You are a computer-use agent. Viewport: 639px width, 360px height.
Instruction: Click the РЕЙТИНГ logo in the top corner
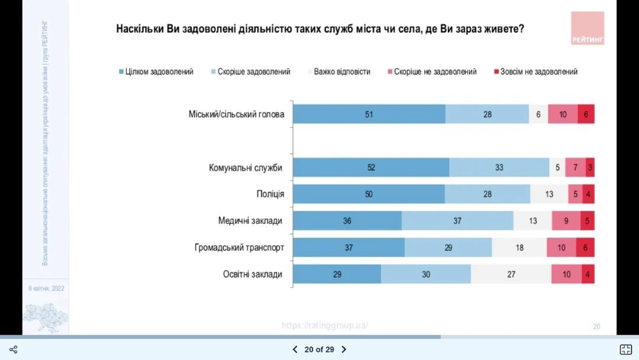(587, 28)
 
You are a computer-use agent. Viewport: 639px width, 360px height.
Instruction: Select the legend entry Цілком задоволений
(156, 72)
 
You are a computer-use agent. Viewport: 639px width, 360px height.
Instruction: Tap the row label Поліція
(270, 194)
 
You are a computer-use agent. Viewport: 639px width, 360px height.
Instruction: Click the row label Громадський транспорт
(239, 247)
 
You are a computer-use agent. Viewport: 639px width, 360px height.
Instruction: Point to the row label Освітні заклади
(253, 274)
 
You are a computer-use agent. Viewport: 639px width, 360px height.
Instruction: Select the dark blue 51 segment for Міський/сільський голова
(369, 114)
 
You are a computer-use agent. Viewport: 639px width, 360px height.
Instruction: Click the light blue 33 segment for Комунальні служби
(499, 168)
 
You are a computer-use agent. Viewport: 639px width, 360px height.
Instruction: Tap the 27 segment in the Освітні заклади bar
(511, 274)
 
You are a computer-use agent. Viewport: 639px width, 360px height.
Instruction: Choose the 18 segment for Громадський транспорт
(519, 247)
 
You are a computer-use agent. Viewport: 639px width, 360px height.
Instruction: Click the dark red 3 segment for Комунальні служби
(590, 168)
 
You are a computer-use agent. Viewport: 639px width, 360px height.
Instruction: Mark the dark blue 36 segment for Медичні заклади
(347, 221)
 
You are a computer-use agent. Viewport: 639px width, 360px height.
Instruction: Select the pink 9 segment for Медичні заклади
(566, 221)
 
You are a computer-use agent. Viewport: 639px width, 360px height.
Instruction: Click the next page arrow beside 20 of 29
(344, 349)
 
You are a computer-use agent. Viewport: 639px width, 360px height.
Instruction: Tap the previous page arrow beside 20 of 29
(295, 349)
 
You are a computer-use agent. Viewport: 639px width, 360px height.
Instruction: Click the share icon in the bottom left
(14, 349)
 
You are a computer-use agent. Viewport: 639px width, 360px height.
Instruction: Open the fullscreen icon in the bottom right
(625, 349)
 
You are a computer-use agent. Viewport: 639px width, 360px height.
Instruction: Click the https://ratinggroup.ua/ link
(325, 325)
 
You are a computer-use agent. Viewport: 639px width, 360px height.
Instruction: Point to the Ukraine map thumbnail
(45, 317)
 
